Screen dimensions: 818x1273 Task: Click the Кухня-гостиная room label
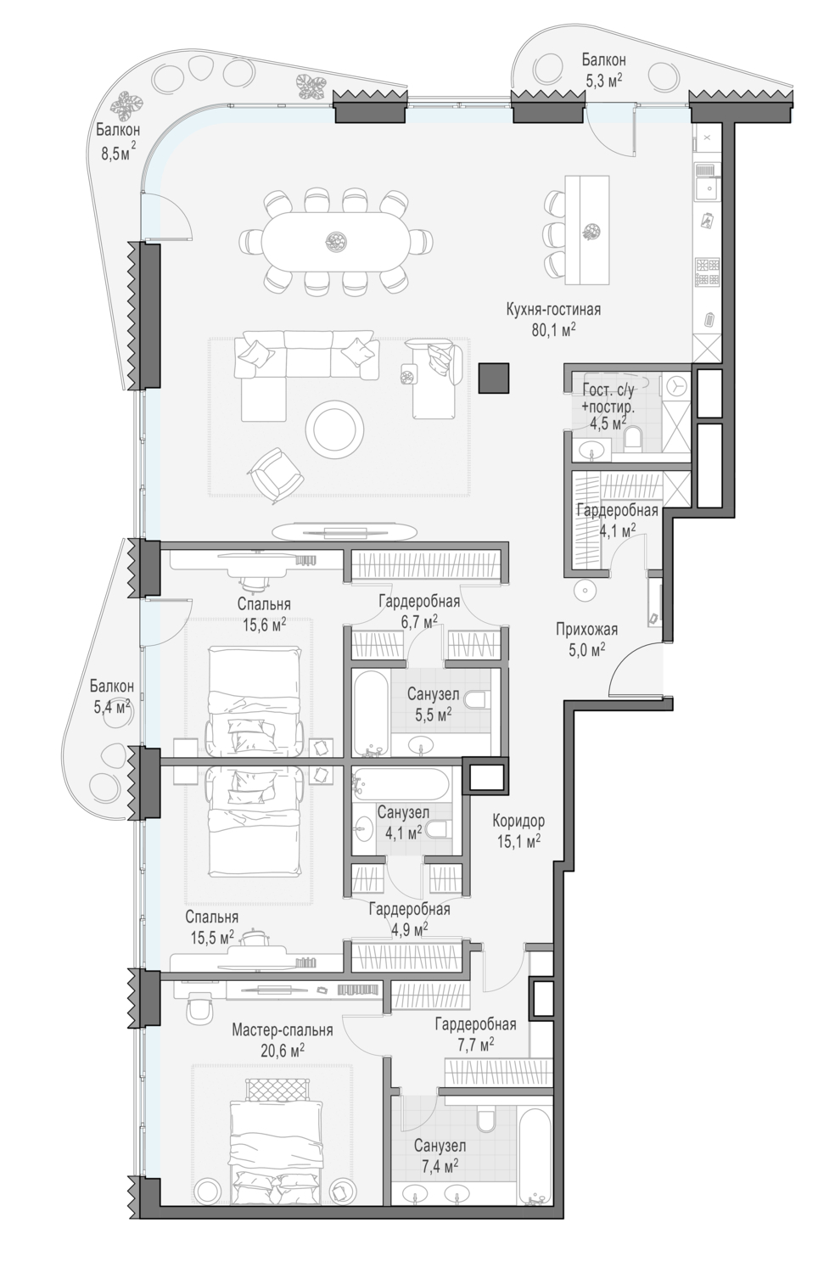coord(553,310)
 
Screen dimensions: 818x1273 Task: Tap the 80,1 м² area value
coord(554,330)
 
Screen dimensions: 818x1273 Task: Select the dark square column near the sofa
coord(494,378)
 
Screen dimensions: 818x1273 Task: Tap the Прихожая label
coord(587,630)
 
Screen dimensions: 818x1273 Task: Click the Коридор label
coord(518,821)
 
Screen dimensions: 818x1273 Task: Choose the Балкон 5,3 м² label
coord(603,69)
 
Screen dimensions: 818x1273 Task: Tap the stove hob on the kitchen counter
coord(708,272)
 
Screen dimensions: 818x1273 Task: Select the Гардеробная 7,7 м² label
coord(476,1035)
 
